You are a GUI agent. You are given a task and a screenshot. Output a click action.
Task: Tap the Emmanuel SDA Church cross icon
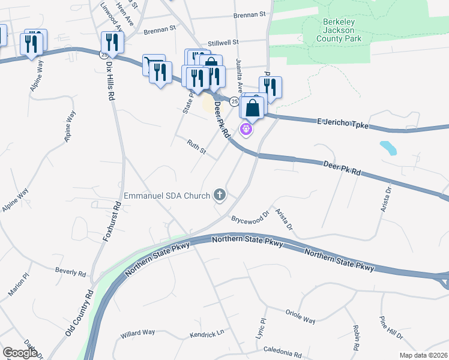pyautogui.click(x=220, y=195)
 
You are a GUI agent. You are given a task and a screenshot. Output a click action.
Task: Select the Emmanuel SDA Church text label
pyautogui.click(x=167, y=196)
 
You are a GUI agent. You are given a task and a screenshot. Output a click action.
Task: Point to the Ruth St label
pyautogui.click(x=196, y=148)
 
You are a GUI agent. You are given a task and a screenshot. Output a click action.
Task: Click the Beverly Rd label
pyautogui.click(x=71, y=273)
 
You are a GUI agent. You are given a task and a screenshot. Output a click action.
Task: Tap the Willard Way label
pyautogui.click(x=137, y=332)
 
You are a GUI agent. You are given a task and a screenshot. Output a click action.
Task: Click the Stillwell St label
pyautogui.click(x=223, y=43)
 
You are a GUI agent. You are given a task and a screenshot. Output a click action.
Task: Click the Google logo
pyautogui.click(x=20, y=353)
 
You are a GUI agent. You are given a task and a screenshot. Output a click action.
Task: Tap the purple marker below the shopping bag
pyautogui.click(x=246, y=128)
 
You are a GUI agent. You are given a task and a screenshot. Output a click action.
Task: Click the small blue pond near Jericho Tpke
pyautogui.click(x=388, y=148)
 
